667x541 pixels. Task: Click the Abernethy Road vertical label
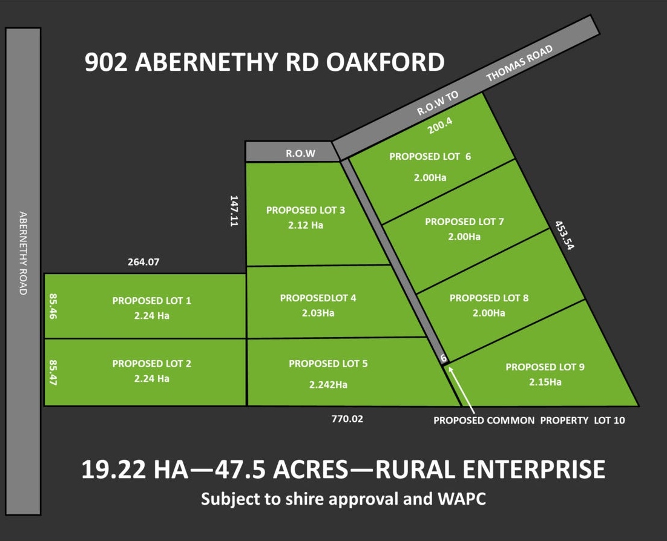point(23,253)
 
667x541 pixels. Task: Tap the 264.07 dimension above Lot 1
point(145,263)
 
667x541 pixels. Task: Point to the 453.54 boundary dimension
point(563,235)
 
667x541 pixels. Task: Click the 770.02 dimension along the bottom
point(347,418)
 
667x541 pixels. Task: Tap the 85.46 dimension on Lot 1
point(53,307)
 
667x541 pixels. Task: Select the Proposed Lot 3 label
point(306,210)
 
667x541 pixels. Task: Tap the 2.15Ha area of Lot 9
point(545,382)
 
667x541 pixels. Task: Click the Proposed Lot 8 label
point(488,298)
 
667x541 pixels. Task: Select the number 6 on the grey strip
point(444,358)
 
